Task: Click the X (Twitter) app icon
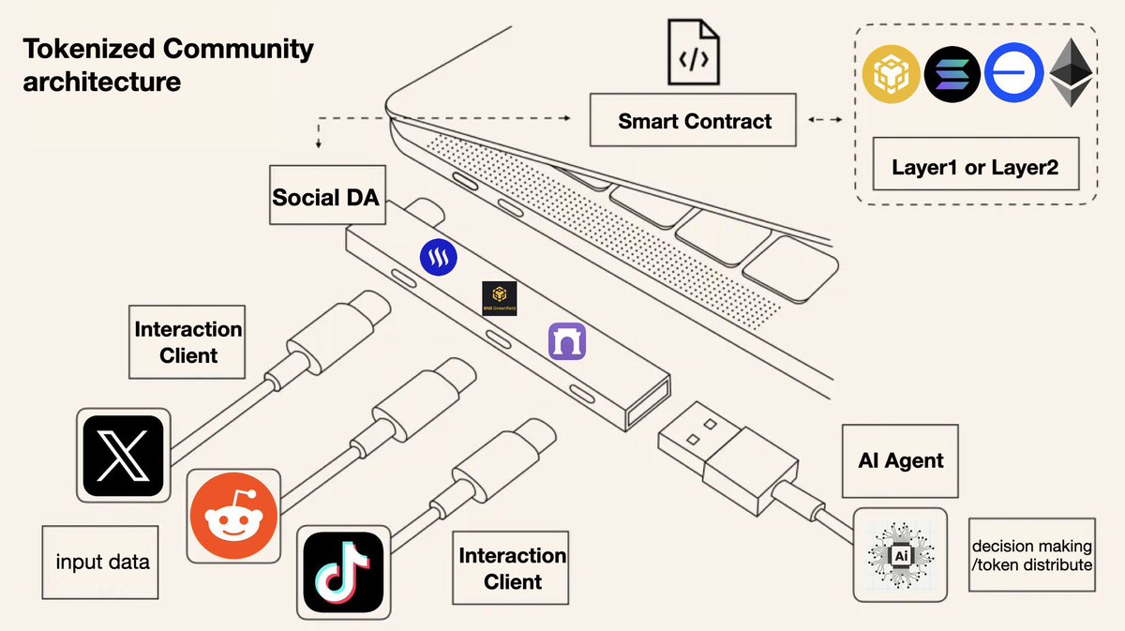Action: (123, 456)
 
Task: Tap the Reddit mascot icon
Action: (233, 516)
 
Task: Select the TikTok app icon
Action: (343, 572)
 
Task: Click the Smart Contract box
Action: (693, 120)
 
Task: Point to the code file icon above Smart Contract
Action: (694, 52)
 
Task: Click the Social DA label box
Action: (327, 195)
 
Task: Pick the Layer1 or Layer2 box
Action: (976, 164)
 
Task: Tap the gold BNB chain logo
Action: (891, 74)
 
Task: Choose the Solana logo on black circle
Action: (952, 74)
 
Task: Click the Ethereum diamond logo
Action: (1072, 72)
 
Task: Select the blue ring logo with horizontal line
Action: (1013, 73)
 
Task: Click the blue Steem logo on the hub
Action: (439, 257)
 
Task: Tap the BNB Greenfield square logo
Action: (499, 298)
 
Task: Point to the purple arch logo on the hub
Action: (567, 341)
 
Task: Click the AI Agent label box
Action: (900, 460)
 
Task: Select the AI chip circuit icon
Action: (901, 555)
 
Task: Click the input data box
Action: (100, 563)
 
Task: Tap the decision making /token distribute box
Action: (1032, 555)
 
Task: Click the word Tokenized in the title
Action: (89, 50)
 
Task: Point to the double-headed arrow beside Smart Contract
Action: (825, 120)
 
